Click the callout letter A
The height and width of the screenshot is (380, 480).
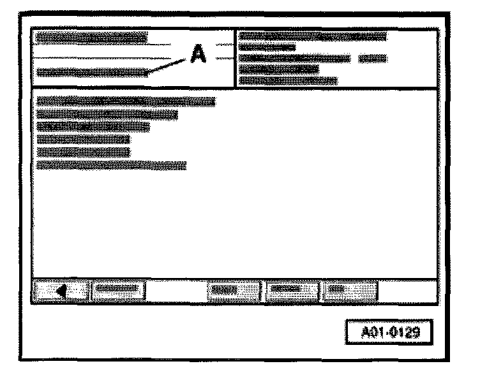point(198,57)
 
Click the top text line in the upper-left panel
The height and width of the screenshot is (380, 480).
point(91,38)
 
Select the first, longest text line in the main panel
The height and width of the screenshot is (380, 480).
point(126,101)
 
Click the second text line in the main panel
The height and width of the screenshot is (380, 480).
point(107,114)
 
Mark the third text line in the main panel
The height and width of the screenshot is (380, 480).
point(93,127)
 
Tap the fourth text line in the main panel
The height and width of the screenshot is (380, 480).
point(84,139)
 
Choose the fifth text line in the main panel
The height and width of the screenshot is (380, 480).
point(84,152)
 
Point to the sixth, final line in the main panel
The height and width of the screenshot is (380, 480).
point(112,165)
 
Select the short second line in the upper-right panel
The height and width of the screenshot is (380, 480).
point(267,47)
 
